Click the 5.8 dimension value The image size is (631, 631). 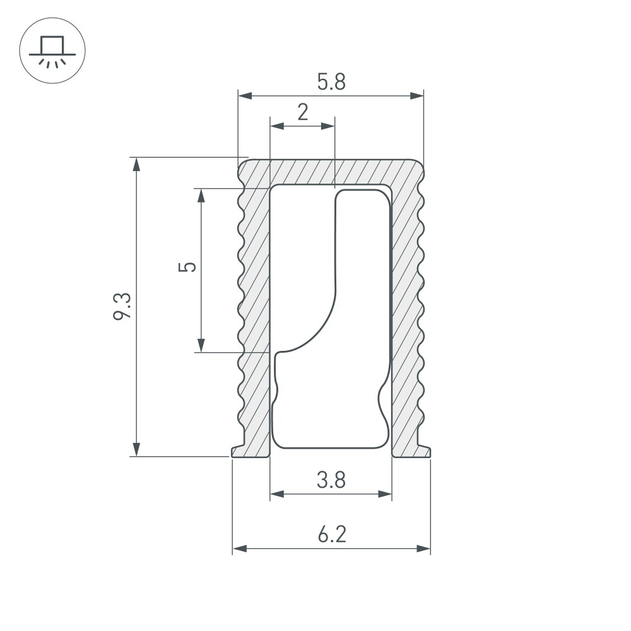[331, 81]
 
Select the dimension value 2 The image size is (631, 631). [303, 112]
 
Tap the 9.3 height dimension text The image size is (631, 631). [122, 307]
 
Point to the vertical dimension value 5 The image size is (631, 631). [187, 267]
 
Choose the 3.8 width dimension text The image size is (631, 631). [331, 480]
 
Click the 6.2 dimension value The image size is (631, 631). [332, 534]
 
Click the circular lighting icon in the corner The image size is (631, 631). [52, 50]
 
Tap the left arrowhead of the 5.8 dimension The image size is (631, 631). [245, 96]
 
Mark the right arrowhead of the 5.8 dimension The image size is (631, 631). [417, 96]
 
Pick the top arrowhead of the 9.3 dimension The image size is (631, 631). [136, 165]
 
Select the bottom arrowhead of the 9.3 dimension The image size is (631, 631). [136, 449]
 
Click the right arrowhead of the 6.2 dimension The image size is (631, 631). [423, 548]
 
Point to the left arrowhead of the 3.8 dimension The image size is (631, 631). [277, 494]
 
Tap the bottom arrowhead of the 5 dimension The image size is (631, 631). [201, 345]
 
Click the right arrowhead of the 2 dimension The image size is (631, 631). [328, 126]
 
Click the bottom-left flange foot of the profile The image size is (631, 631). [250, 452]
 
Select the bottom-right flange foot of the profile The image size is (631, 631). [411, 452]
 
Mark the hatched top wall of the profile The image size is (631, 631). [331, 172]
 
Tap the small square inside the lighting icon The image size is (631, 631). [52, 45]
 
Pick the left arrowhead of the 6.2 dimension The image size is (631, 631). [240, 548]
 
